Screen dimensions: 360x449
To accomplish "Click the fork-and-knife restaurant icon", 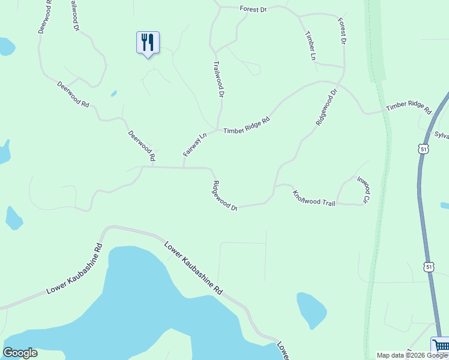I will click(x=148, y=43).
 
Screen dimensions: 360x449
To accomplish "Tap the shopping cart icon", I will click(x=441, y=346).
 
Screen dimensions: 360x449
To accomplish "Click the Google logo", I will click(x=20, y=353).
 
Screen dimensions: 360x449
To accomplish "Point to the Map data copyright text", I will click(x=412, y=355).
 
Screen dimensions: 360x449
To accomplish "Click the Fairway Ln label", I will click(x=194, y=145).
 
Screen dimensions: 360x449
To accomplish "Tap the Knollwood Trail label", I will click(x=313, y=199).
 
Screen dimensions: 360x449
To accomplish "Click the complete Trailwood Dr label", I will click(x=219, y=79).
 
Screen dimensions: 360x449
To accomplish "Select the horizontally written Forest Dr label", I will click(x=252, y=9).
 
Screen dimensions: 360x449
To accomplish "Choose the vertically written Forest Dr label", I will click(x=342, y=31).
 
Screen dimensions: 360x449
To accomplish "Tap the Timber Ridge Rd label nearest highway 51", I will click(x=409, y=108).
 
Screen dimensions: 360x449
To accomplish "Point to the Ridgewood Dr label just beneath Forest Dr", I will click(x=325, y=106).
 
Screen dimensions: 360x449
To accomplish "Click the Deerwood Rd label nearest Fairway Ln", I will click(x=142, y=146).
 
